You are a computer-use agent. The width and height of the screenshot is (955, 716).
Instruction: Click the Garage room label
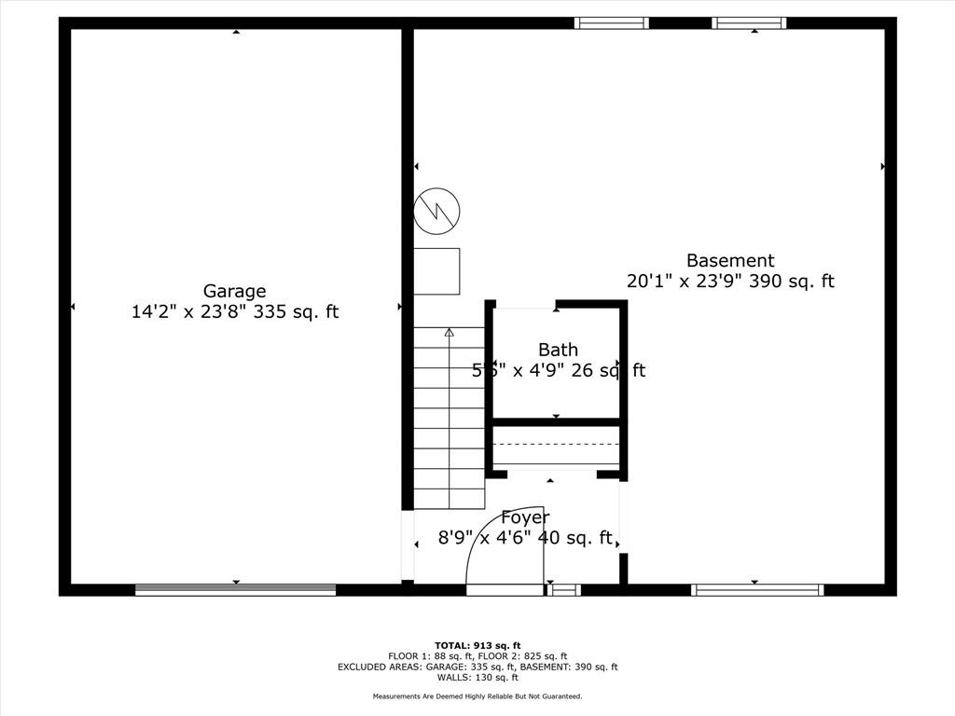tap(235, 291)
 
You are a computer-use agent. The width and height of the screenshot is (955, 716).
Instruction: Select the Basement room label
tap(730, 261)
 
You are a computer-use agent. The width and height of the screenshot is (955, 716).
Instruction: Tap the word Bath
tap(558, 350)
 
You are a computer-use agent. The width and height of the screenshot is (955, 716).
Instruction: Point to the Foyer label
tap(525, 517)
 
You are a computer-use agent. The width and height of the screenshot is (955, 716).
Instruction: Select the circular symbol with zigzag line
tap(436, 212)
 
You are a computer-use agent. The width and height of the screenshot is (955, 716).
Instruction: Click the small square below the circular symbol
tap(436, 271)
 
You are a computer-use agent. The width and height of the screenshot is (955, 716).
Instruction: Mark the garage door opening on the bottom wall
tap(235, 589)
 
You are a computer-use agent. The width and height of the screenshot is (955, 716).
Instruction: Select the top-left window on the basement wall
tap(611, 23)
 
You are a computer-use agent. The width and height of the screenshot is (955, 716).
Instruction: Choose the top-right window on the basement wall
tap(749, 23)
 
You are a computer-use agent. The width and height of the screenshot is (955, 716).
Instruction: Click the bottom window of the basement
tap(757, 589)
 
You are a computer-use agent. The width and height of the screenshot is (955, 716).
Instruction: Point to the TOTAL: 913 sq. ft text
tap(477, 645)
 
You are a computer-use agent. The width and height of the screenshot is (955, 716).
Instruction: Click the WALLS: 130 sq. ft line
tap(477, 678)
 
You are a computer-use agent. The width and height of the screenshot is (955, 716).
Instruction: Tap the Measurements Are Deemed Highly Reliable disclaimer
tap(477, 696)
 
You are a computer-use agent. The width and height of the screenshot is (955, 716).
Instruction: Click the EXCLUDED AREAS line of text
tap(477, 667)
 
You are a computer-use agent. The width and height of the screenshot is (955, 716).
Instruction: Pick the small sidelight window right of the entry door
tap(563, 589)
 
